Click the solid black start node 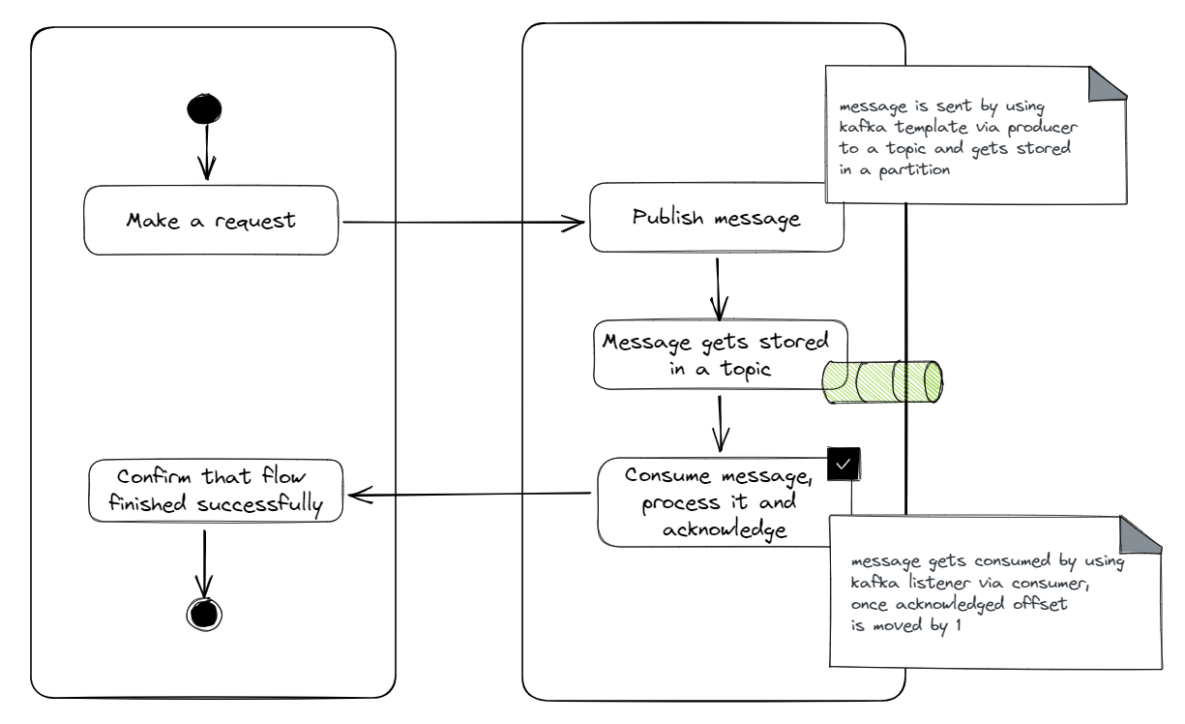203,109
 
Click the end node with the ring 203,612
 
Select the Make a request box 210,220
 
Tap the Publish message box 716,219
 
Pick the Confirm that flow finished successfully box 216,490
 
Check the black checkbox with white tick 843,464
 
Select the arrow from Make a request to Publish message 464,224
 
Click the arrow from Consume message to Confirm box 469,495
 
